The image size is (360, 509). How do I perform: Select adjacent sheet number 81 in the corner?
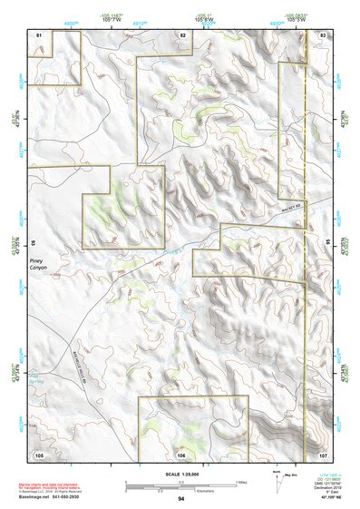[39, 34]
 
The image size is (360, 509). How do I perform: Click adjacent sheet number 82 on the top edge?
[182, 34]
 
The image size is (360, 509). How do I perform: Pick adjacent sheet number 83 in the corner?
[323, 34]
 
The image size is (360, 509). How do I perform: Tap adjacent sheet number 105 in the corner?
[39, 454]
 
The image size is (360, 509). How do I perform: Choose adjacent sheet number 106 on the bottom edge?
[181, 454]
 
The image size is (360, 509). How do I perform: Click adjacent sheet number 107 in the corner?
[323, 454]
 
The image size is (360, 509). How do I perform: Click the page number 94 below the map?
[181, 499]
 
